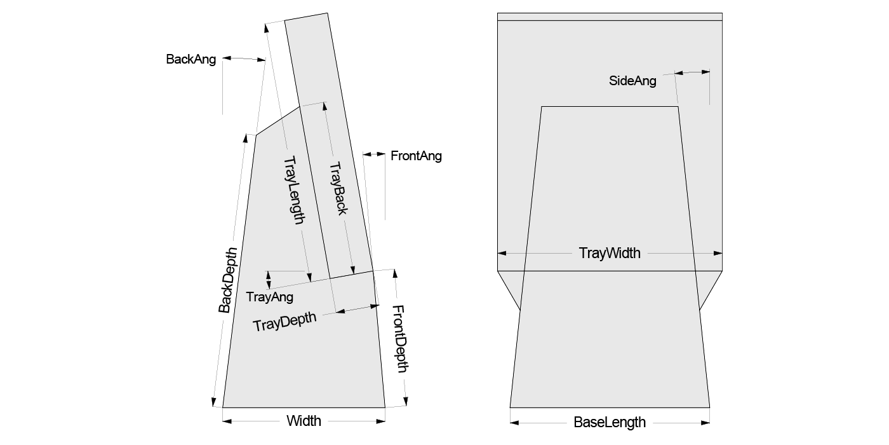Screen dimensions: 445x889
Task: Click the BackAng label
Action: pos(190,60)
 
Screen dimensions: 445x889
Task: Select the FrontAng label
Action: pos(416,156)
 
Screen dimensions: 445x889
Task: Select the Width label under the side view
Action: pos(304,421)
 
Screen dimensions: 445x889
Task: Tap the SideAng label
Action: pos(632,81)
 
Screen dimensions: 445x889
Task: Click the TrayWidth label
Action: pos(610,253)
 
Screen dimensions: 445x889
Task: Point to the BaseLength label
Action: pos(610,422)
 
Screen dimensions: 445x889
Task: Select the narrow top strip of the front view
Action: pos(610,17)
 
